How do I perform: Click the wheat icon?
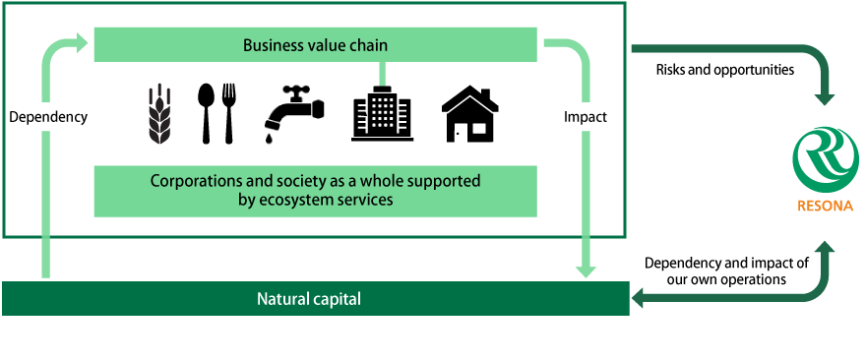coord(158,114)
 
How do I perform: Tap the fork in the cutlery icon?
coord(228,111)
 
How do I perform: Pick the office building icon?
coord(382,114)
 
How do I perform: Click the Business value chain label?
coord(315,45)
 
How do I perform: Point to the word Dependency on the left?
coord(47,116)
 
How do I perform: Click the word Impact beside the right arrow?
coord(585,116)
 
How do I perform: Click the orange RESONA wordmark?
coord(825,207)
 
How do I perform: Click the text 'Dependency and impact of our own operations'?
coord(726,270)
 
